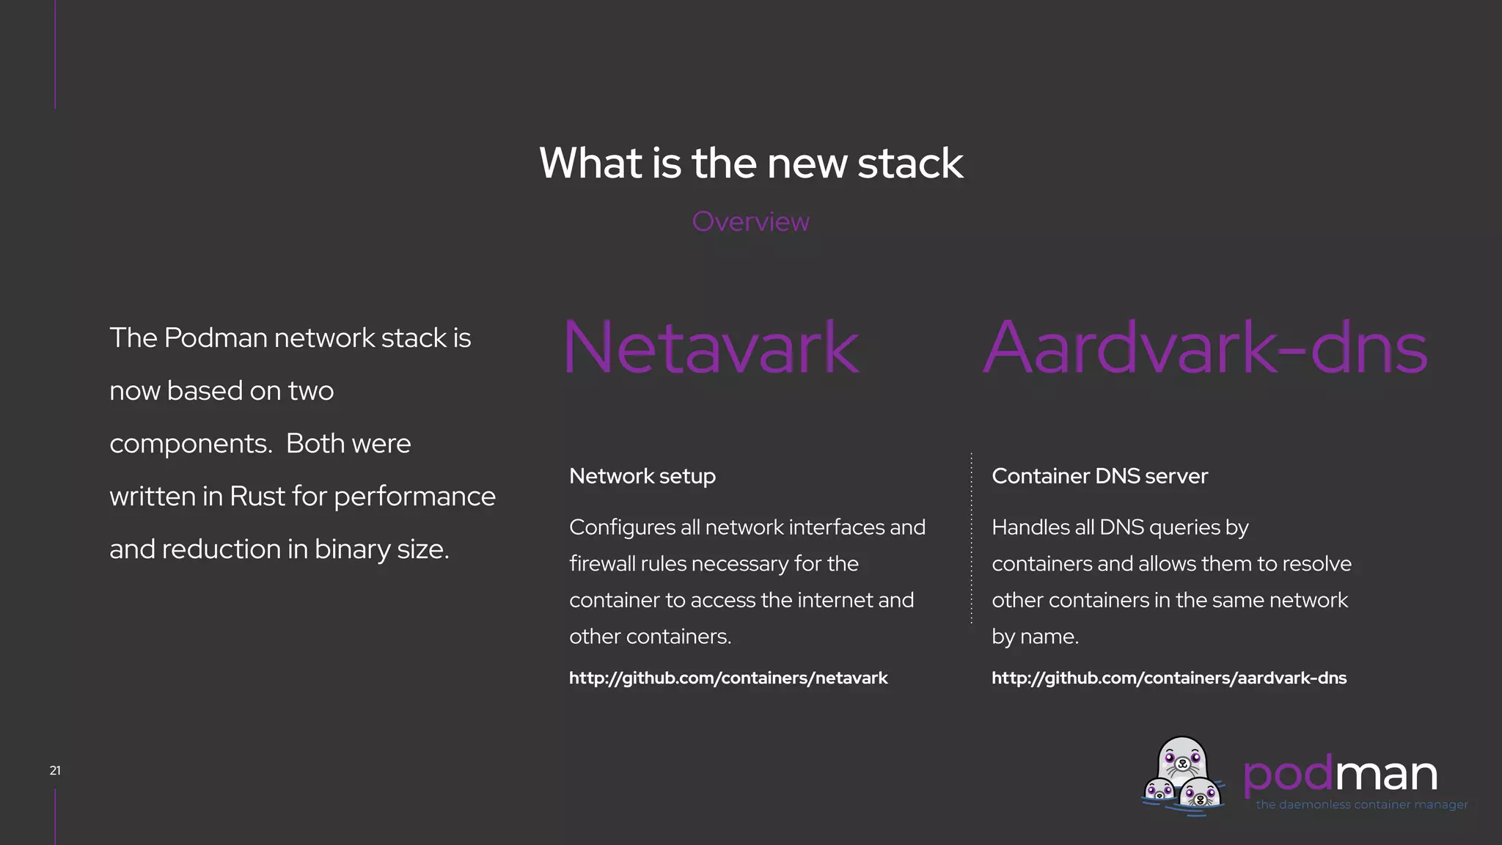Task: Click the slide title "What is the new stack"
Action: [x=751, y=163]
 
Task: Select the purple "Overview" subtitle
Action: [x=750, y=222]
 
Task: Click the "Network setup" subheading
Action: [x=642, y=476]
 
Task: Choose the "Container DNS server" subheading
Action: [x=1099, y=476]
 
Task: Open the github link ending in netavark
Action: [x=728, y=678]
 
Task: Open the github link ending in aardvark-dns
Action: [x=1169, y=678]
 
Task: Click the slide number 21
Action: [x=55, y=770]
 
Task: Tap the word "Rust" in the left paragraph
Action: [x=257, y=497]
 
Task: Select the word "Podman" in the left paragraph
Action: [x=216, y=338]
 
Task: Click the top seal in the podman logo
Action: [x=1182, y=760]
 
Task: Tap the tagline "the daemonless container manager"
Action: [x=1361, y=805]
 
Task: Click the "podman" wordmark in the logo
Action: [x=1340, y=774]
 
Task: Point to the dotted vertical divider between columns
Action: [x=971, y=539]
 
